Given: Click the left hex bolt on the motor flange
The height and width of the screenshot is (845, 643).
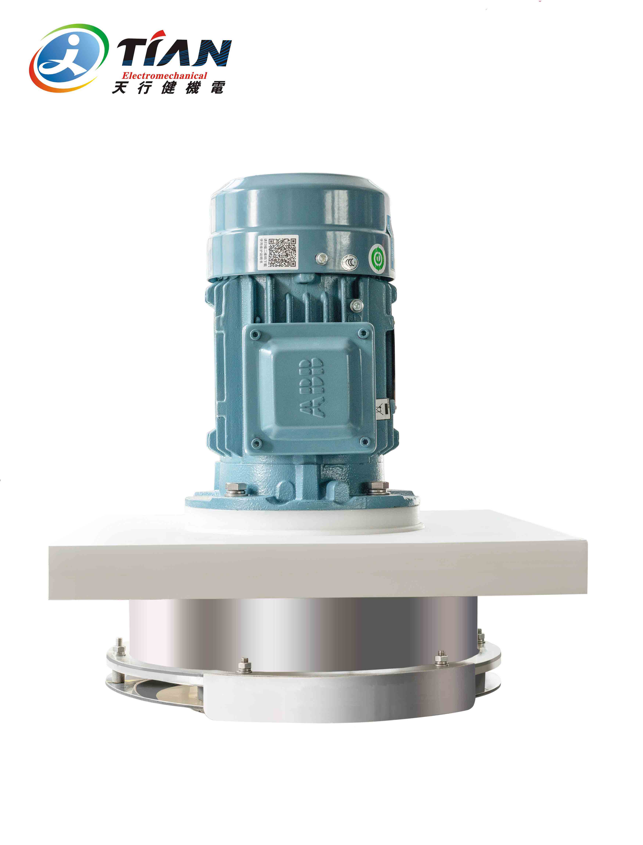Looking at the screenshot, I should click(x=232, y=489).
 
